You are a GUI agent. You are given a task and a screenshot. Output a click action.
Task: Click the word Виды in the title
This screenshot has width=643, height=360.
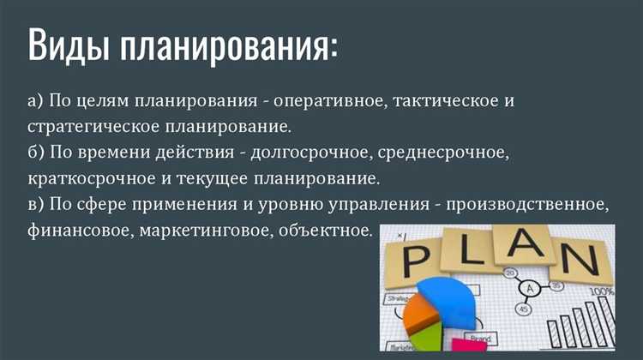pos(67,45)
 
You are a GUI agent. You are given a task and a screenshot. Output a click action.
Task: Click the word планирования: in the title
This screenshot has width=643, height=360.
pos(229,45)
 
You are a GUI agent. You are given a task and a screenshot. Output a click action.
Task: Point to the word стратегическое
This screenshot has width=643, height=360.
pos(85,128)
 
